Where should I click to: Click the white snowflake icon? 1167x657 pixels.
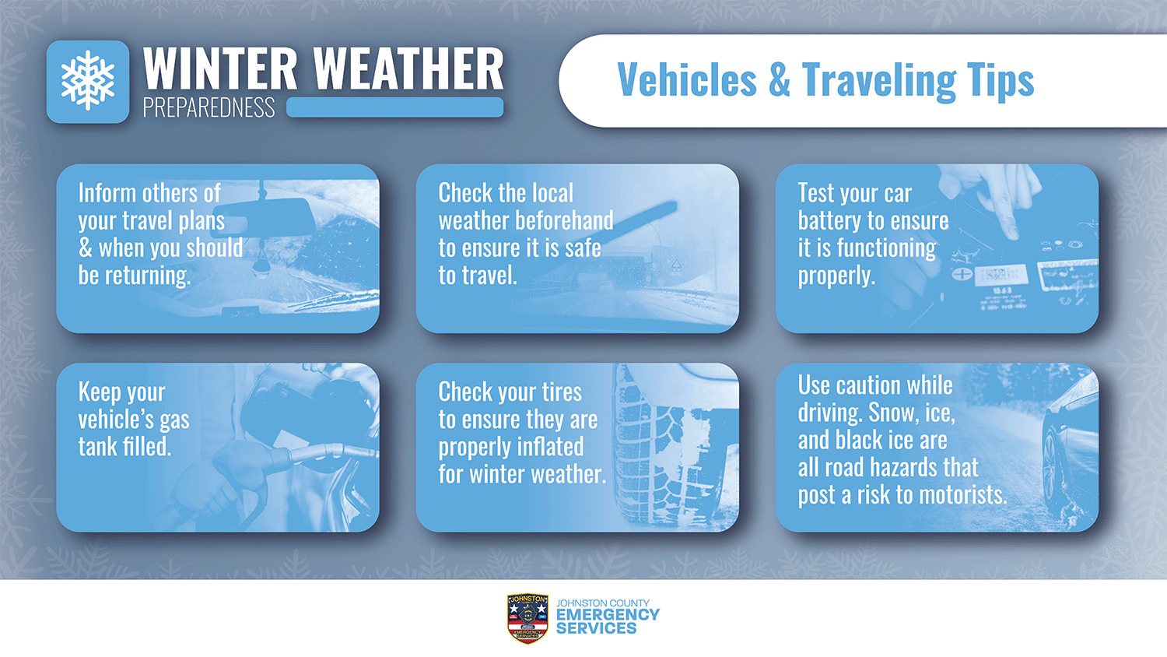point(87,81)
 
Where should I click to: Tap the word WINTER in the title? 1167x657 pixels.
point(220,69)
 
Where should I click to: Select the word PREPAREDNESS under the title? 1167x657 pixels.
point(209,107)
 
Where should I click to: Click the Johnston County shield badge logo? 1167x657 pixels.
point(527,618)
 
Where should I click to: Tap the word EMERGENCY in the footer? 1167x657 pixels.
point(608,615)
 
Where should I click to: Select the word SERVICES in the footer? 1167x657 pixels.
point(596,628)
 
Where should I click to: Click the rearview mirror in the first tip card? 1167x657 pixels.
point(271,217)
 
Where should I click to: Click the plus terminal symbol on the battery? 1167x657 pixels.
point(962,274)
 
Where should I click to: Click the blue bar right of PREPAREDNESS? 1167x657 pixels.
point(395,107)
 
